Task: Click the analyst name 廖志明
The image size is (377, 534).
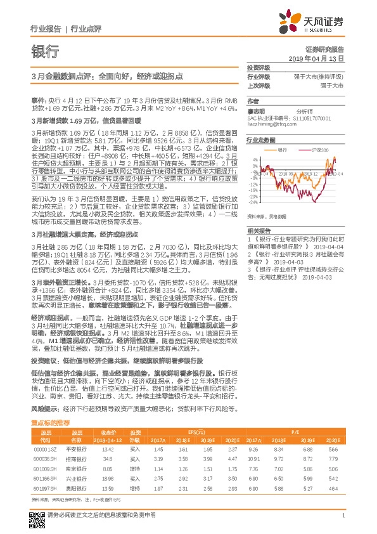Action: tap(255, 110)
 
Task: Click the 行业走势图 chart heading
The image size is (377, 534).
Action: tap(261, 140)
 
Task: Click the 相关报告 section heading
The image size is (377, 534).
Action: tap(258, 230)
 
